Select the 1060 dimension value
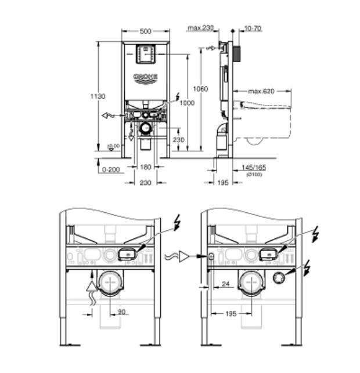[200, 89]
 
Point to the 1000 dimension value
[186, 103]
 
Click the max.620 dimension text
[261, 91]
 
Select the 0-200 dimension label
[110, 170]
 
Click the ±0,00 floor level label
[113, 146]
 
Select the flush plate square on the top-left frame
[145, 54]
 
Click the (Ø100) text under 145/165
[254, 174]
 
